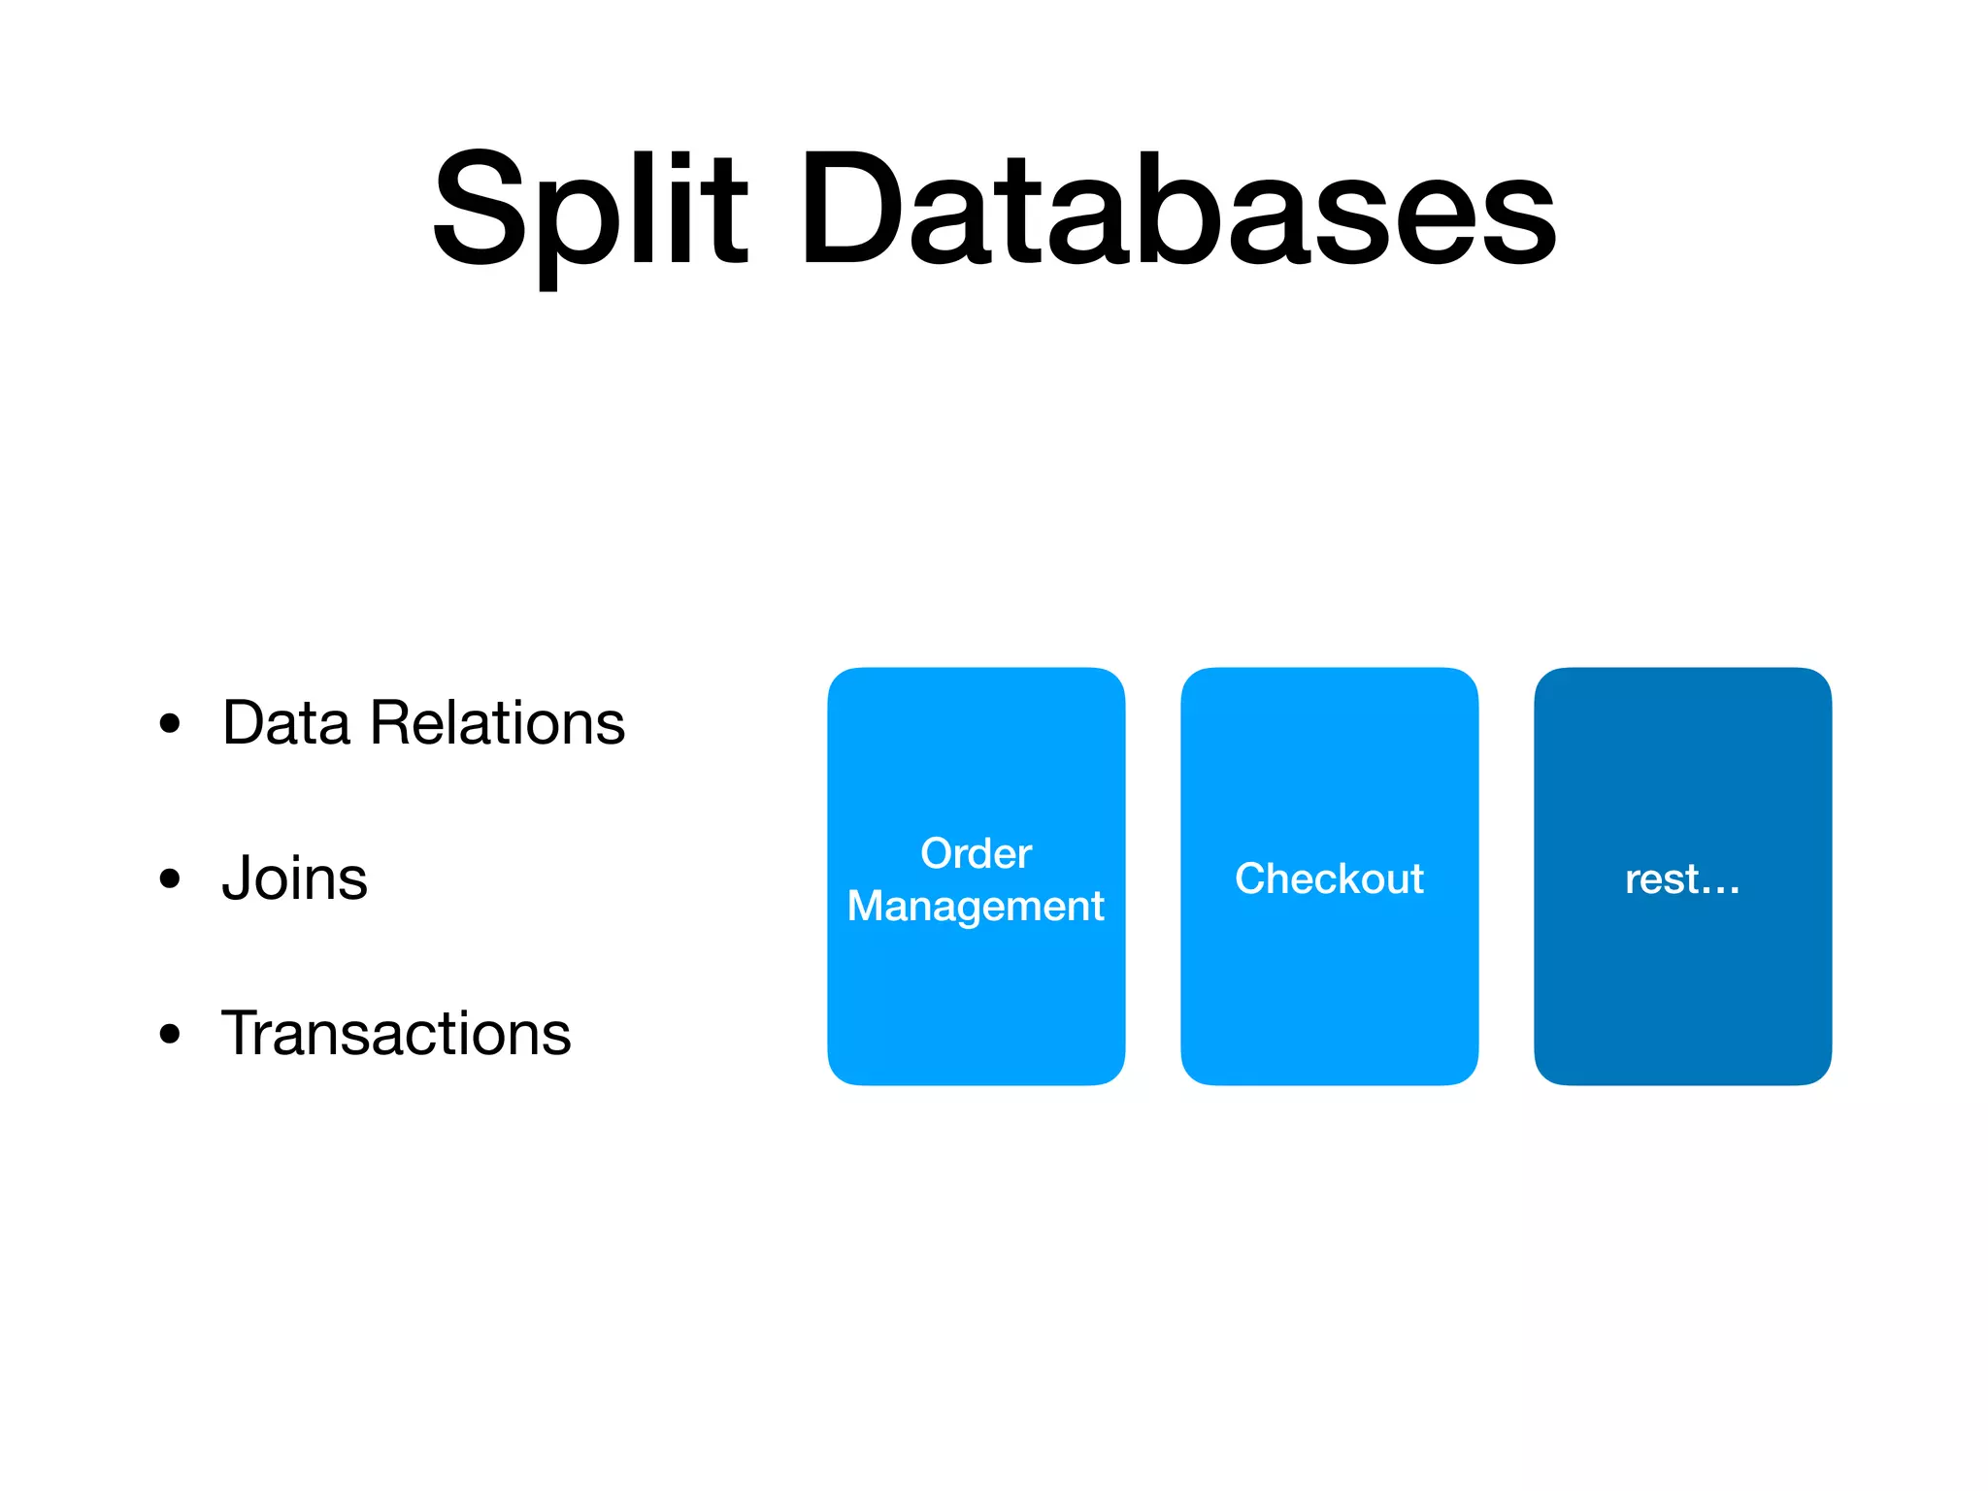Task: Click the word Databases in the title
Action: coord(1176,209)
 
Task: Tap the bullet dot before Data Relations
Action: coord(170,723)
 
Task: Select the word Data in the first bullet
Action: coord(285,723)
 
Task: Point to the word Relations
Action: coord(497,723)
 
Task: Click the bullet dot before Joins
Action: coord(170,878)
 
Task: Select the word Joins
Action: coord(294,878)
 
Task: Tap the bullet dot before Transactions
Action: coord(170,1034)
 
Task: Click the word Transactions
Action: coord(396,1034)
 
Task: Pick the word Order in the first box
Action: coord(976,853)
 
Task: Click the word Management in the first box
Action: coord(976,907)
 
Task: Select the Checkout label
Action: coord(1329,878)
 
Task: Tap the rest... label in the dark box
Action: coord(1682,878)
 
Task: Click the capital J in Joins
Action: coord(236,878)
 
